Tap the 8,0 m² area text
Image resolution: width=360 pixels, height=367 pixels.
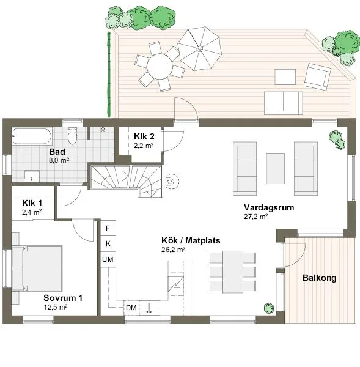pos(59,160)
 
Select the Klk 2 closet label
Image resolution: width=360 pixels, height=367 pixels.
pos(144,137)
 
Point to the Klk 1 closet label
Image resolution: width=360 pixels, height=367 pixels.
pos(32,203)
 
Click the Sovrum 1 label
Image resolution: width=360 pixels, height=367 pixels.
pos(62,298)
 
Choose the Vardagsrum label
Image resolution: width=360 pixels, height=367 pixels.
pos(268,207)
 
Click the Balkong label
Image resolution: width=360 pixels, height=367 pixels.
pos(320,278)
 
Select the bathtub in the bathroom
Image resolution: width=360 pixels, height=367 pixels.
pos(35,136)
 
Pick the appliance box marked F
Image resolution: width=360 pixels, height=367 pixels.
pos(108,228)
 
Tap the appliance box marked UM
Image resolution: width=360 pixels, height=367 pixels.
pos(108,260)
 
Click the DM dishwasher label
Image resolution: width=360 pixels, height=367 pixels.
pos(131,307)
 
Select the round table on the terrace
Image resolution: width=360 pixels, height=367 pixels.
pos(160,64)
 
